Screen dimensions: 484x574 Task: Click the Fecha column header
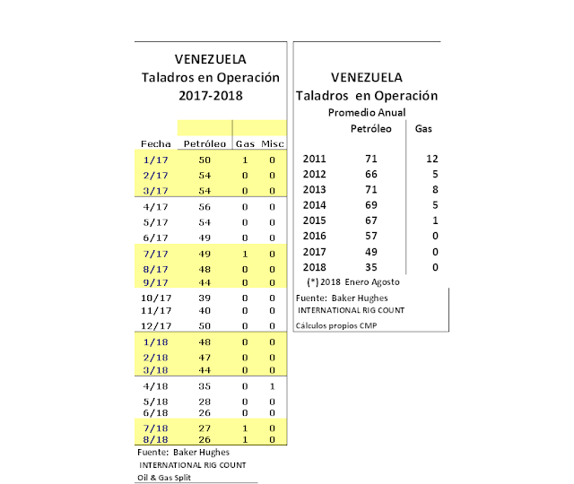click(156, 143)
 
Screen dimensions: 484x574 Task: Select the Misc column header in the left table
click(273, 143)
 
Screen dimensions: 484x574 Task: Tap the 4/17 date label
click(156, 206)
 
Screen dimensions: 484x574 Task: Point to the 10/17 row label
click(156, 296)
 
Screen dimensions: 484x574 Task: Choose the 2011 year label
click(315, 159)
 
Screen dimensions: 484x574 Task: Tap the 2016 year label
click(315, 236)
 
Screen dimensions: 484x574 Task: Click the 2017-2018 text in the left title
click(211, 94)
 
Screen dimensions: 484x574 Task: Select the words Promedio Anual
click(367, 112)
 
